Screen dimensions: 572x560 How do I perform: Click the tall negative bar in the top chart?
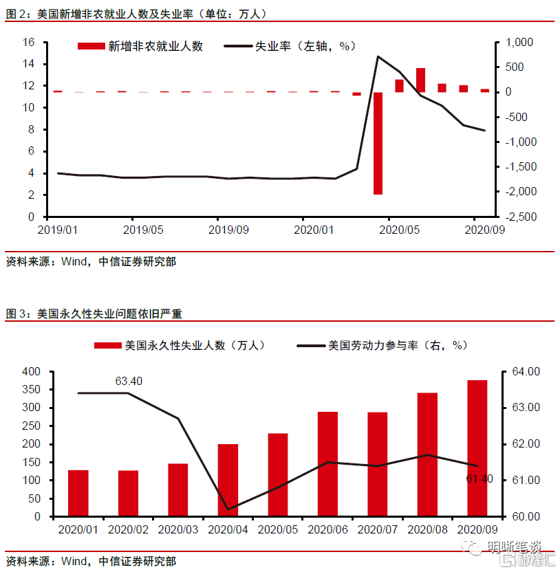(378, 143)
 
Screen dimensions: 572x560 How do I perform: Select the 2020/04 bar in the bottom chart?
(228, 480)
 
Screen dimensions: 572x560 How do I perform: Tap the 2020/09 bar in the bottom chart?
(477, 448)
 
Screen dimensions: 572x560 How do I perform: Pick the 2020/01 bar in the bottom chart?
(78, 493)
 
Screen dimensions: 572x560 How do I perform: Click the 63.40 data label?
(129, 381)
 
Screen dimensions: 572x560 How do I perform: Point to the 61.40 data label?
(480, 478)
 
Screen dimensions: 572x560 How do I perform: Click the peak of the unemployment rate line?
(378, 56)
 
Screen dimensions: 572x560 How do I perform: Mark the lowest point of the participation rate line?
(228, 509)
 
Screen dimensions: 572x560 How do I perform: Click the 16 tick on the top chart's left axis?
(28, 42)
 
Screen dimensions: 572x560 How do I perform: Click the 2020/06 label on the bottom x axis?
(327, 529)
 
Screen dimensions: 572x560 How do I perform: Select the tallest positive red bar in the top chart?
(420, 80)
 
